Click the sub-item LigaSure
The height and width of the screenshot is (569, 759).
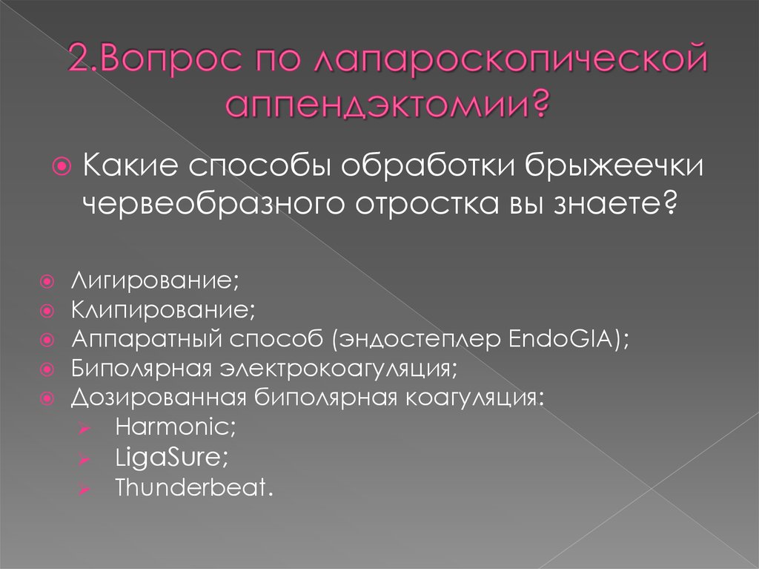coord(171,458)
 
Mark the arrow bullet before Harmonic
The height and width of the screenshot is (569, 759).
coord(85,427)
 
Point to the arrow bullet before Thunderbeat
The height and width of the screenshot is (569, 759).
coord(85,489)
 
